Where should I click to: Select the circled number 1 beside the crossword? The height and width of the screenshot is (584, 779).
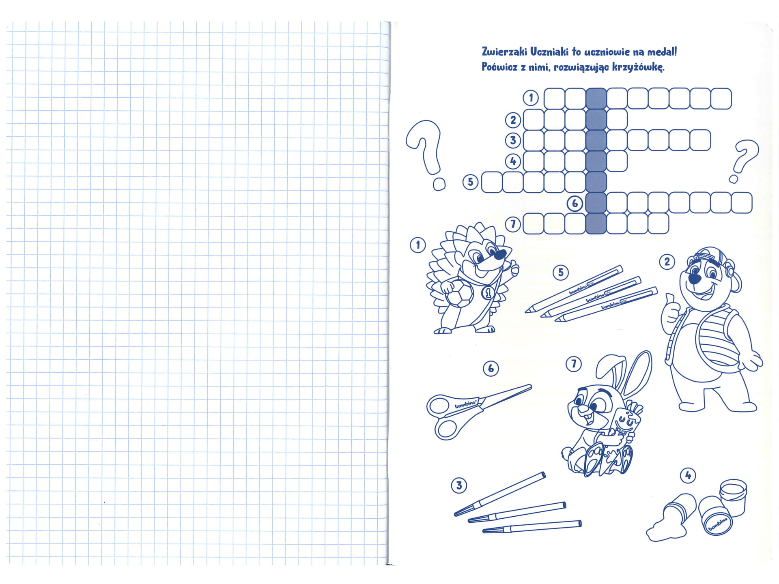531,98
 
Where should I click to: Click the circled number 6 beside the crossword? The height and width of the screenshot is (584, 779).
575,203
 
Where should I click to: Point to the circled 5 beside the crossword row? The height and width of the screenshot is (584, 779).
471,182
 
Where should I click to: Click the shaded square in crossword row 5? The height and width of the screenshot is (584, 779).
596,182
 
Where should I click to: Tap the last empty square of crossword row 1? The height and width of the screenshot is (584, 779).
721,99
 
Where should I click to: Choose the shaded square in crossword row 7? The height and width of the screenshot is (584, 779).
596,223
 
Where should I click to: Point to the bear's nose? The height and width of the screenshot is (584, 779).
695,279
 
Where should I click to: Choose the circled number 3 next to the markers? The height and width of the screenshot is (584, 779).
459,485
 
